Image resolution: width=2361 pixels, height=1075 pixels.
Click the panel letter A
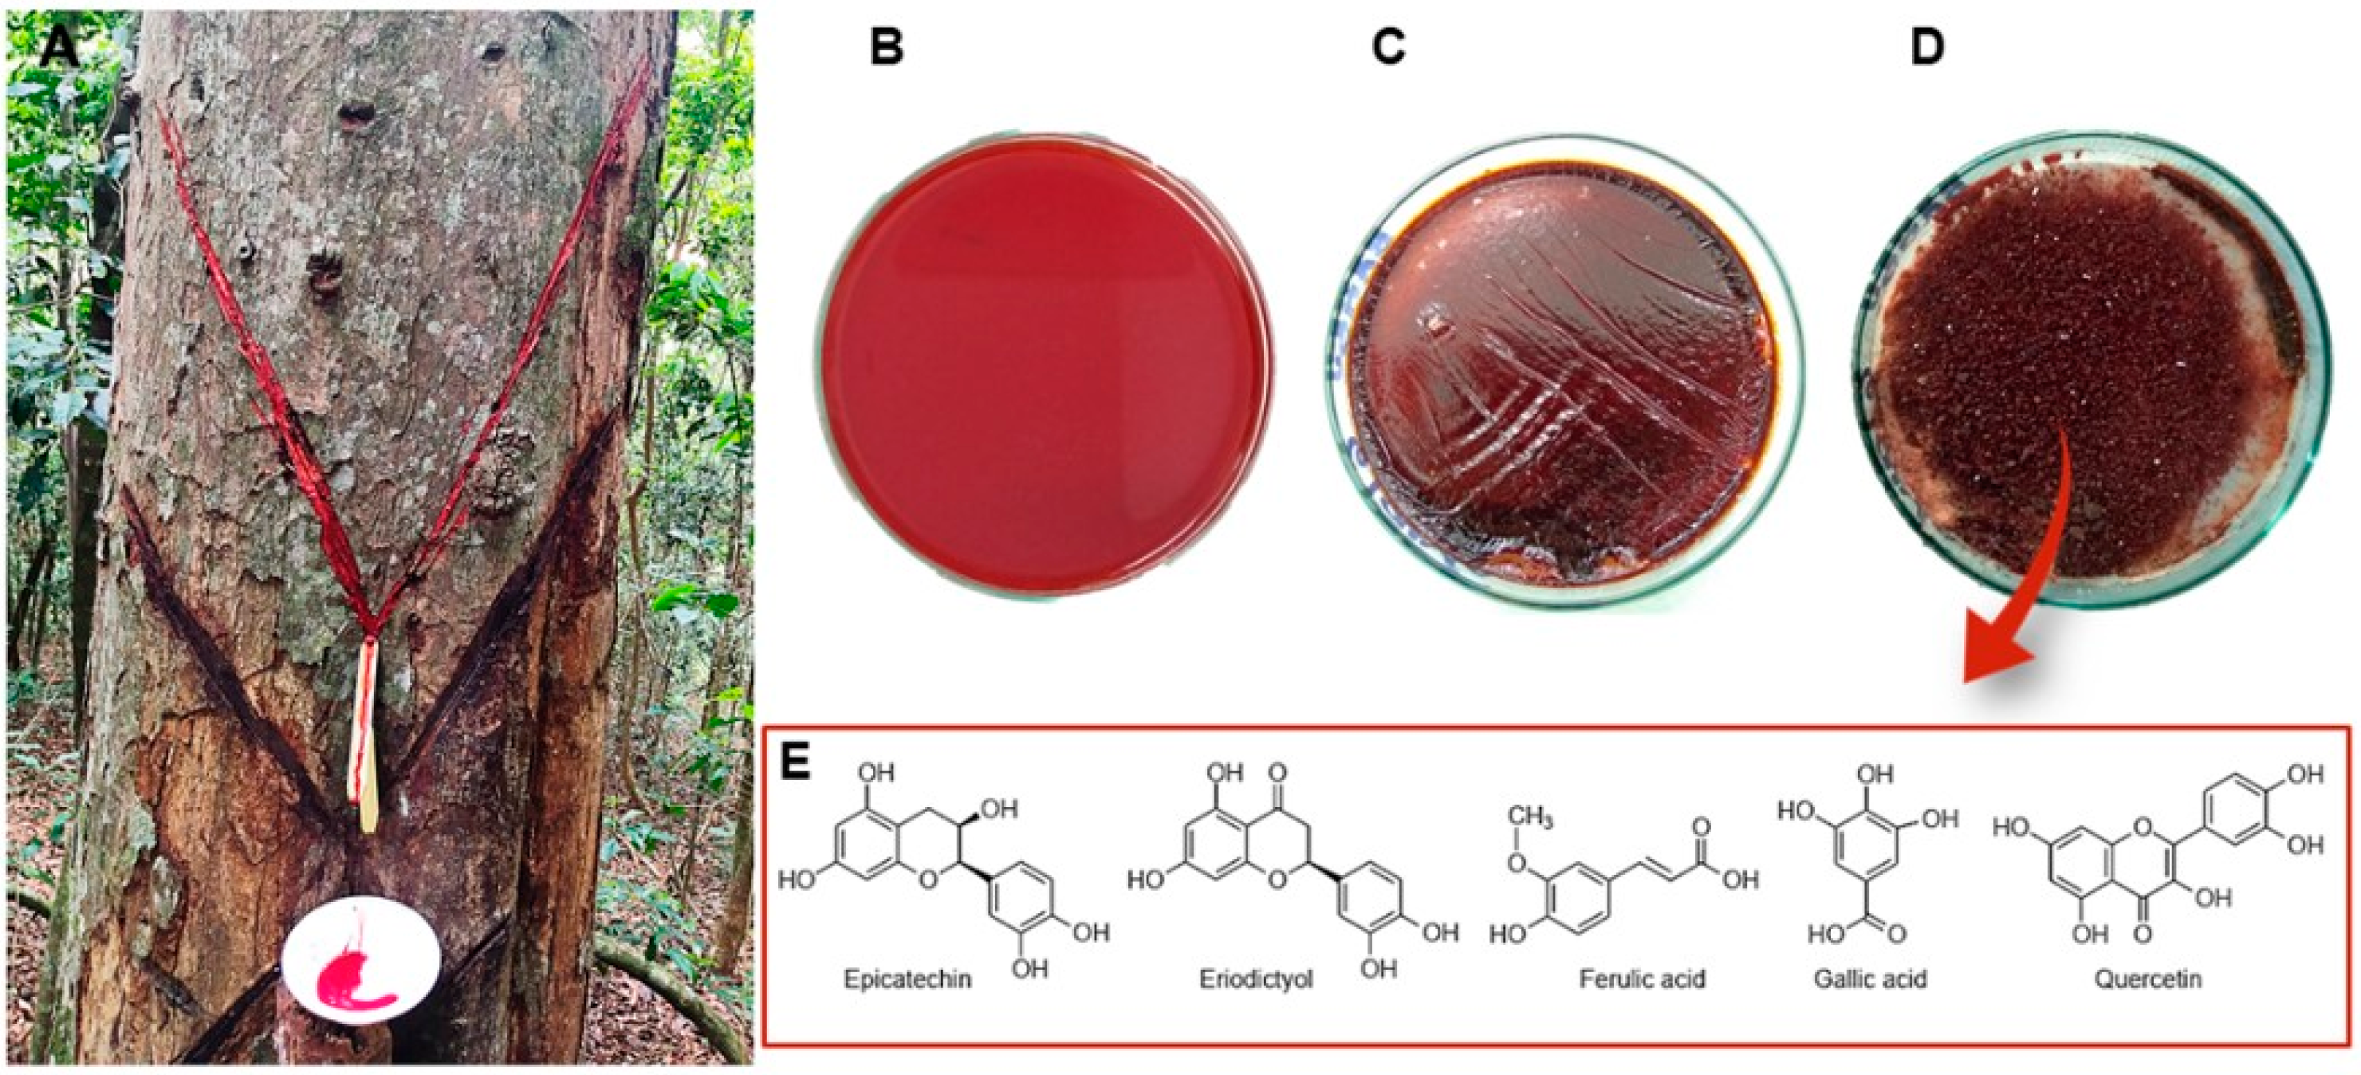click(x=60, y=45)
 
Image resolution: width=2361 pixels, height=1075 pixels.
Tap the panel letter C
click(x=1387, y=45)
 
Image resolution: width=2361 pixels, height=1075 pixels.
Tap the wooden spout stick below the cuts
click(x=368, y=733)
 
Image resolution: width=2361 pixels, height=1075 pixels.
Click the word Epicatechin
click(x=907, y=979)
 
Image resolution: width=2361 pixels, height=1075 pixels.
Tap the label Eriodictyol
click(x=1256, y=979)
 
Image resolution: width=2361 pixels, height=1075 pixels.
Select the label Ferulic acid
click(x=1642, y=979)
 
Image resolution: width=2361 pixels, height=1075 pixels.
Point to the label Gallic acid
click(x=1870, y=979)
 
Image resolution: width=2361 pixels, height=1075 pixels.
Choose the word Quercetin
click(x=2147, y=979)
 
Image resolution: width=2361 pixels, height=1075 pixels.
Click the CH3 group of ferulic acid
click(x=1532, y=815)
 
